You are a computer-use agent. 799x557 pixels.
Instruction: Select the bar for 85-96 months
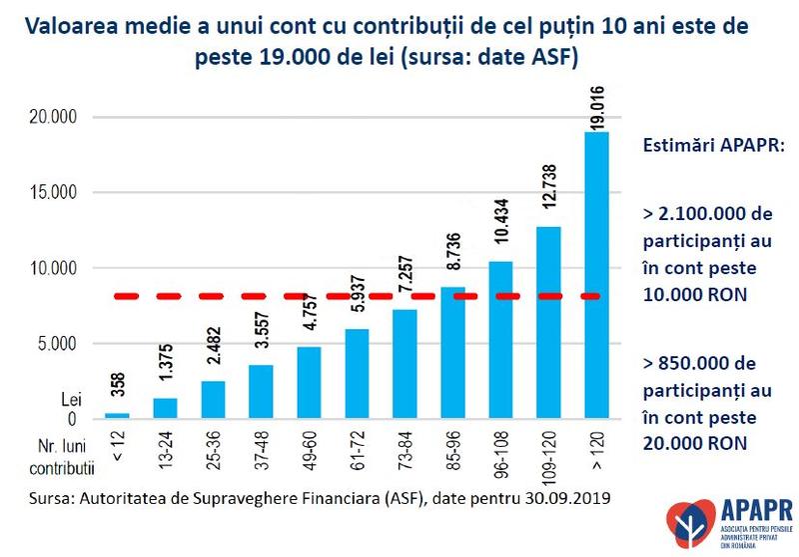pyautogui.click(x=452, y=352)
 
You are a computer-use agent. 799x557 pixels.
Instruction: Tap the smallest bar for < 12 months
pyautogui.click(x=118, y=415)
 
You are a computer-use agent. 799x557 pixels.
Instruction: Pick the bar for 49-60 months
pyautogui.click(x=310, y=382)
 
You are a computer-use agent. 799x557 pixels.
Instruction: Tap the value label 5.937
pyautogui.click(x=357, y=300)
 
